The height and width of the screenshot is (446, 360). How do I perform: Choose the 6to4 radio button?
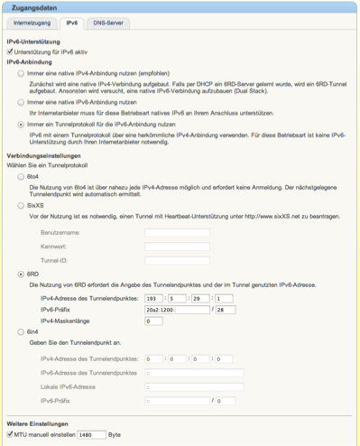pos(22,176)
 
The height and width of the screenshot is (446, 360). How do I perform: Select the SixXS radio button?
pos(22,205)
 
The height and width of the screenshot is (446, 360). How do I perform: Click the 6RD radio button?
pos(22,274)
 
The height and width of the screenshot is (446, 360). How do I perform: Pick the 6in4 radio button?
pos(22,332)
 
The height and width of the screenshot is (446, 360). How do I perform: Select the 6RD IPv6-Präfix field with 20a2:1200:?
pos(176,309)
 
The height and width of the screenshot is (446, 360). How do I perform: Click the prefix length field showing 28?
pos(223,309)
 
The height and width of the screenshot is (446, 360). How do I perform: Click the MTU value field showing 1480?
pos(92,434)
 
